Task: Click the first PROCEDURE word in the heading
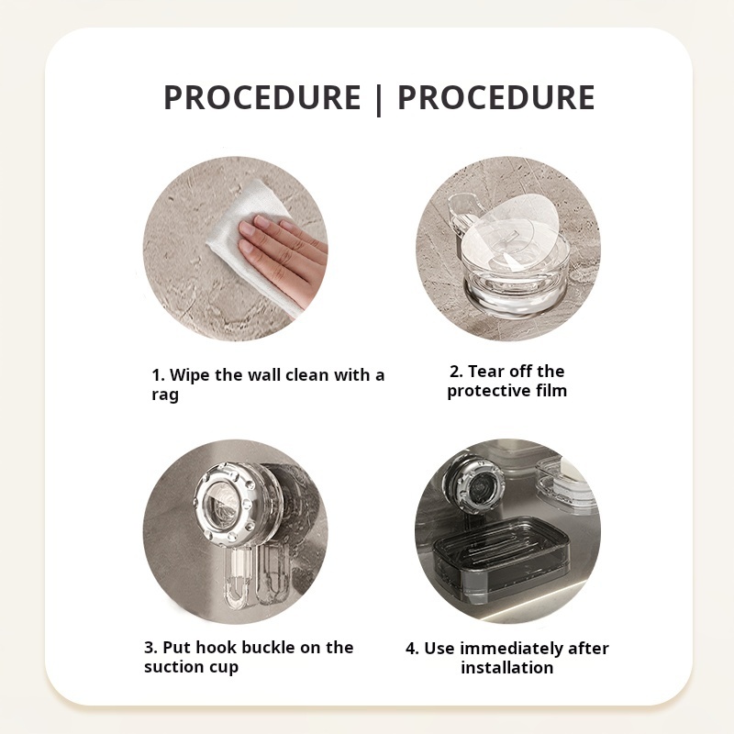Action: click(x=261, y=97)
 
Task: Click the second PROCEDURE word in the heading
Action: click(x=496, y=97)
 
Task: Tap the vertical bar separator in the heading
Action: click(x=379, y=100)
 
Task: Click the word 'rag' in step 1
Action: click(x=165, y=395)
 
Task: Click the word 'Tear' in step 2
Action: click(x=486, y=372)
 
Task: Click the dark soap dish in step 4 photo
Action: click(x=502, y=557)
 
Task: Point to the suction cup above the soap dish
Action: click(x=476, y=488)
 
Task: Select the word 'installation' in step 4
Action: click(x=507, y=668)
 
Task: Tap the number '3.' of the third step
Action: click(x=150, y=648)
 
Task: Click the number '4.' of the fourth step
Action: click(x=412, y=649)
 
